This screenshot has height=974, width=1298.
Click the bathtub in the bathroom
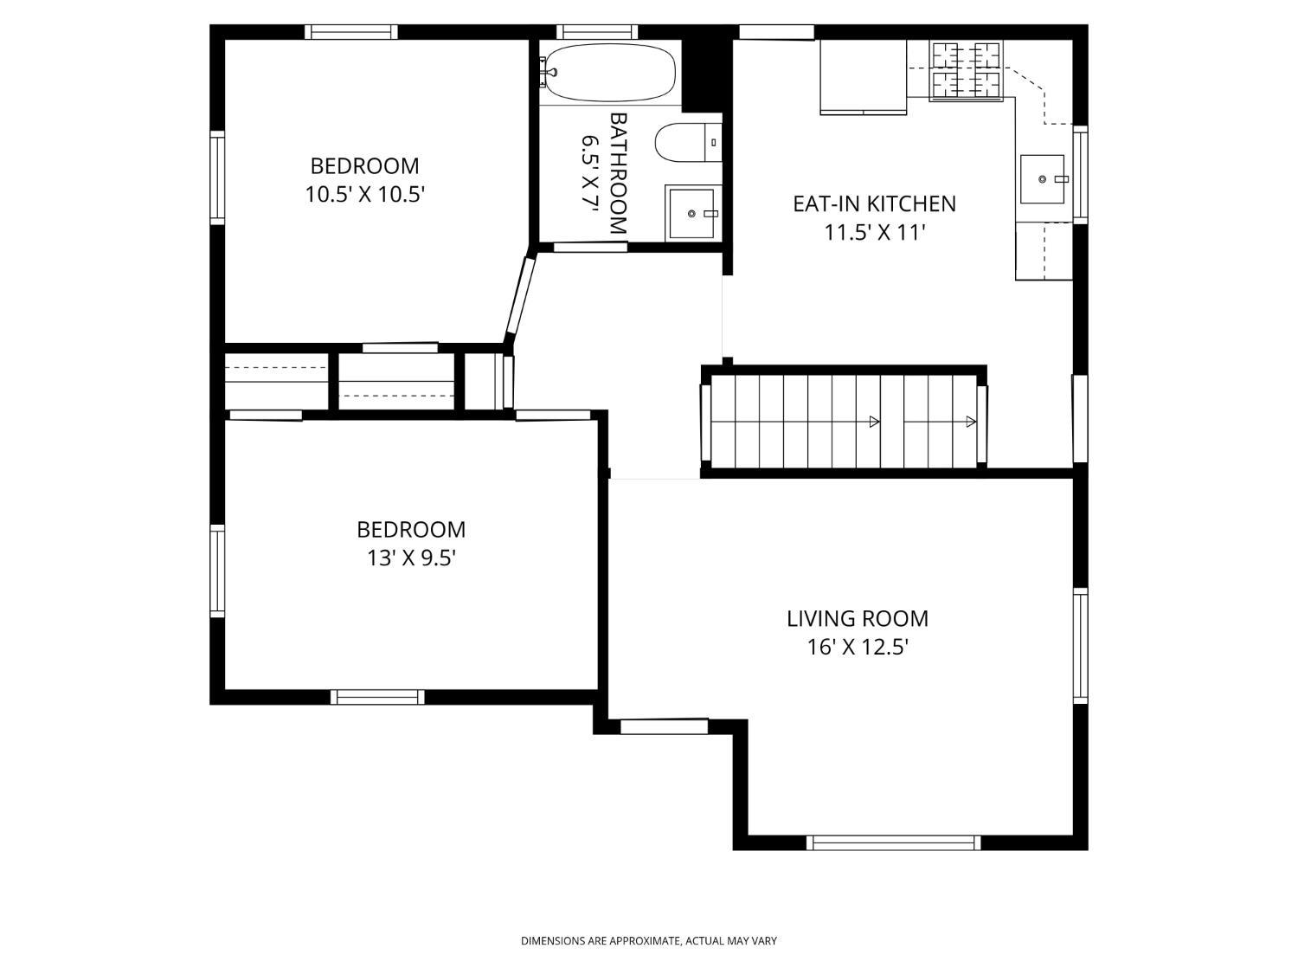[x=609, y=74]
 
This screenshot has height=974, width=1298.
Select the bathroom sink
[x=691, y=212]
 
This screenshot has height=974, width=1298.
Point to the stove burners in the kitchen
[x=966, y=70]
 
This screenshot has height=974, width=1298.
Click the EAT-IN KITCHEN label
[x=874, y=203]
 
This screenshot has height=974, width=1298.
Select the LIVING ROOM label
[x=857, y=618]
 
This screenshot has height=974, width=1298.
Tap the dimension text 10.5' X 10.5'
[x=365, y=194]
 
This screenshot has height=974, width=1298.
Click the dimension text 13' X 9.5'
[x=411, y=558]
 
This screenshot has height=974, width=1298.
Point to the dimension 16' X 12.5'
[x=858, y=648]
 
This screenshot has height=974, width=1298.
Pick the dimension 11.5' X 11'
[x=875, y=232]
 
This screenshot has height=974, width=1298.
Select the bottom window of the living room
[x=894, y=842]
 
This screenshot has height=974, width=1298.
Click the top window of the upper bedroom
[x=351, y=31]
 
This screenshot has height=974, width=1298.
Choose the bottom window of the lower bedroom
[x=377, y=697]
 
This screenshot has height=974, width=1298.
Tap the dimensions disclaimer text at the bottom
[x=649, y=941]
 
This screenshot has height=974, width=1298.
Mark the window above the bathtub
[x=598, y=31]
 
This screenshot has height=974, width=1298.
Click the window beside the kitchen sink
[x=1081, y=175]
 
